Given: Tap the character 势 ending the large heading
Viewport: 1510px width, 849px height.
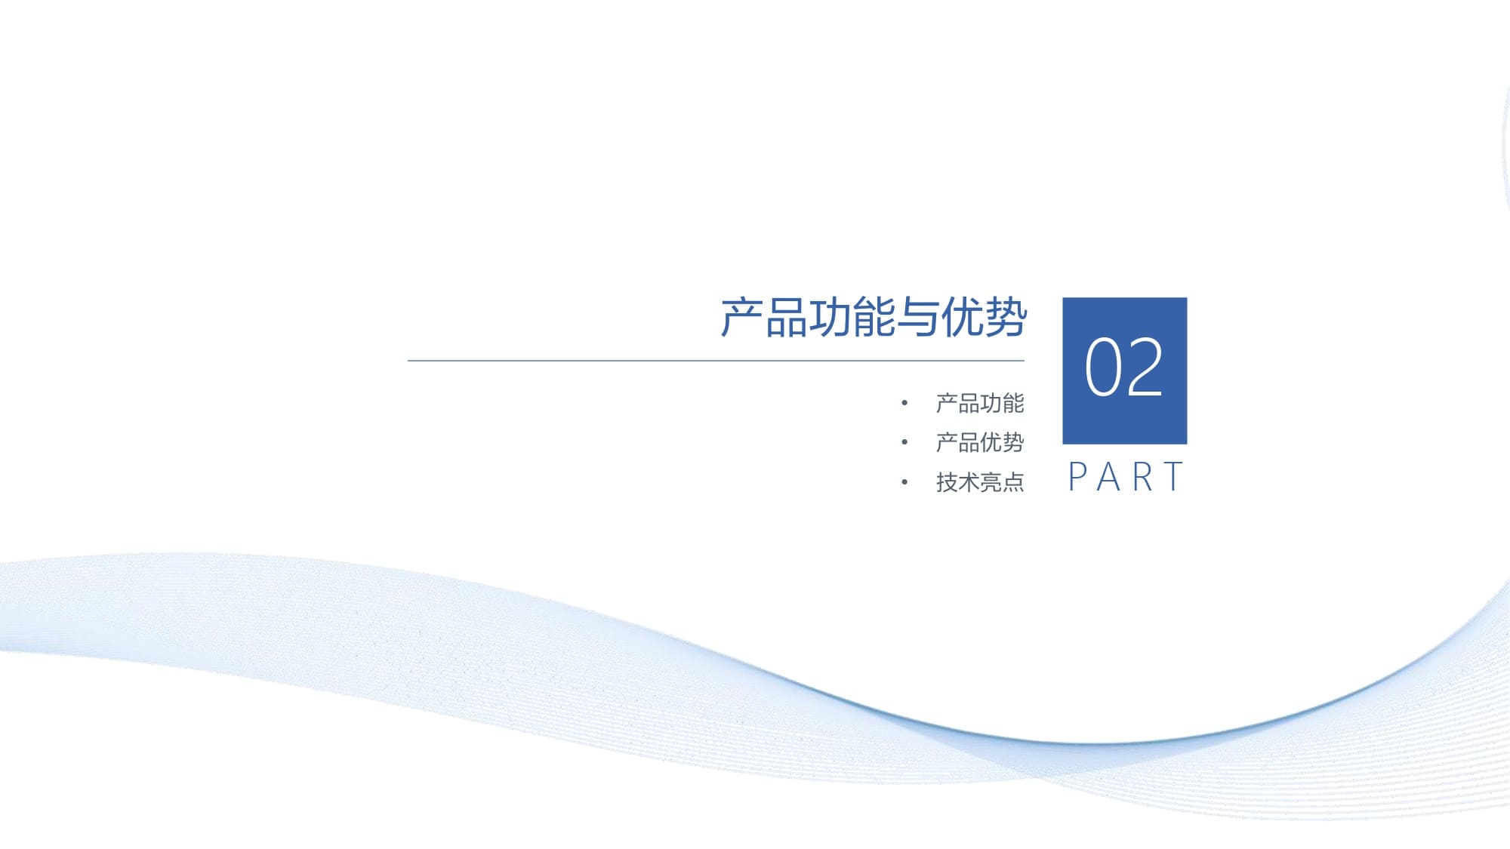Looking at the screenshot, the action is (x=1006, y=317).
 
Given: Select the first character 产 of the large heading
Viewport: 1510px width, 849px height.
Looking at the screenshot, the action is (x=742, y=317).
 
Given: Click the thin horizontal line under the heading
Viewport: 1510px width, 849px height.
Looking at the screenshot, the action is (x=716, y=361).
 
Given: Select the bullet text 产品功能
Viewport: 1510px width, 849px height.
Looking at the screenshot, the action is (x=980, y=403).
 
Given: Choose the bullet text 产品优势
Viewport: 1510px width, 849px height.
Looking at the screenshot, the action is (x=980, y=442).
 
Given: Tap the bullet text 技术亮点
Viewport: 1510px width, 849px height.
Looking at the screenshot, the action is (x=980, y=481).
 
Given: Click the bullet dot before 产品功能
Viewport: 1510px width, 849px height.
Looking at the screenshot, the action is (x=904, y=403).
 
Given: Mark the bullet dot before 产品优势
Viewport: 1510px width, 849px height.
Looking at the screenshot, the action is (x=904, y=442).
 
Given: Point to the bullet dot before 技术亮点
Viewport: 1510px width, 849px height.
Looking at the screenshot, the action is (x=904, y=481).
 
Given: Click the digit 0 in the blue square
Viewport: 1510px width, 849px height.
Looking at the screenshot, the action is (x=1103, y=368).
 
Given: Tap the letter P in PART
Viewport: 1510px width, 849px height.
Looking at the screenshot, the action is (x=1077, y=477).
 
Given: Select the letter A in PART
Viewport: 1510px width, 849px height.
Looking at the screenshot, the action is (x=1108, y=477).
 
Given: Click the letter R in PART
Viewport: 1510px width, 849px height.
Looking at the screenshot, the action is (x=1142, y=477).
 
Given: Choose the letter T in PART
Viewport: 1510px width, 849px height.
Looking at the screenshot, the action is (x=1173, y=477).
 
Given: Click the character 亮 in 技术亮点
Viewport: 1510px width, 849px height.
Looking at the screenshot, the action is (x=991, y=481).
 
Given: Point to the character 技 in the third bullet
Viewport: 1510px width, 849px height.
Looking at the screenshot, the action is (x=947, y=481).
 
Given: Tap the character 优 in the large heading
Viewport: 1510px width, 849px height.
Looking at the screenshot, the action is (x=962, y=317).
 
